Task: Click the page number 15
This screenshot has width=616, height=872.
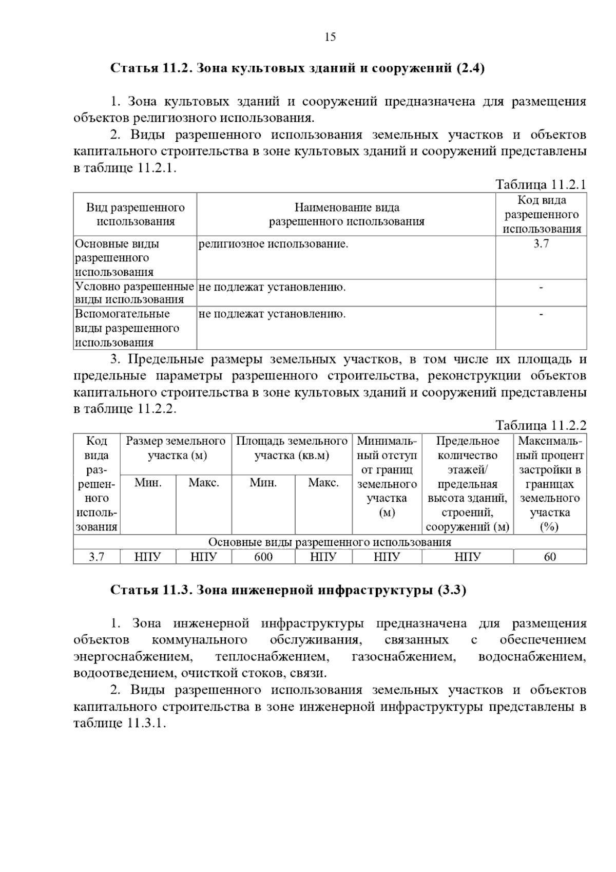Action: coord(330,37)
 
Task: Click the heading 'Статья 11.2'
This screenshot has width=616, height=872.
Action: coord(152,68)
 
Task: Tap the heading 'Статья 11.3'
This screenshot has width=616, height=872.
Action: coord(152,590)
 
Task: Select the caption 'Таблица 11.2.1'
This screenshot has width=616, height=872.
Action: coord(541,185)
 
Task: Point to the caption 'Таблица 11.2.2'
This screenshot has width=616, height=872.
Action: coord(541,425)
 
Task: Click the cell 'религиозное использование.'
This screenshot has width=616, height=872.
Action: coord(273,244)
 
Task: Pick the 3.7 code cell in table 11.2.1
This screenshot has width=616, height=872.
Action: coord(541,244)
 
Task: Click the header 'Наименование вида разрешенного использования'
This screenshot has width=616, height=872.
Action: coord(346,215)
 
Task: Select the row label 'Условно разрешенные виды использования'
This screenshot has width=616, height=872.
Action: coord(134,293)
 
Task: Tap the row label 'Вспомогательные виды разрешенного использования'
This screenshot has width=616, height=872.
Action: coord(127,328)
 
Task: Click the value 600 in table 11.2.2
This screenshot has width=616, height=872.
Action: coord(263,557)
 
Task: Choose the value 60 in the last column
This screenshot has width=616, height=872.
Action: coord(550,557)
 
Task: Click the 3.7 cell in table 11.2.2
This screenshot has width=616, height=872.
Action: coord(97,557)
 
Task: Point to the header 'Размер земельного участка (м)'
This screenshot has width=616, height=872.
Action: coord(176,448)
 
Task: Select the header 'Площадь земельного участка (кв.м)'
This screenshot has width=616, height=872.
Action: coord(292,448)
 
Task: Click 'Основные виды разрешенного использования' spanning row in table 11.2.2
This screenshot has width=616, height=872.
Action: coord(330,542)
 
